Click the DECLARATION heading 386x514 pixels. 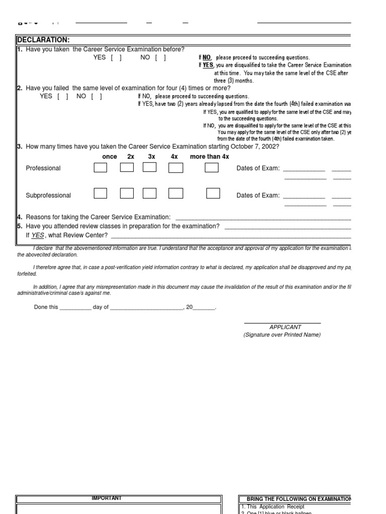43,40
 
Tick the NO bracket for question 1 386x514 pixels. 160,58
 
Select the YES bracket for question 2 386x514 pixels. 63,96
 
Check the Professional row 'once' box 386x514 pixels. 100,168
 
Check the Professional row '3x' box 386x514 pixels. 149,168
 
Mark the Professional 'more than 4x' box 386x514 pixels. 212,168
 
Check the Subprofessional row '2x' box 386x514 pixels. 127,193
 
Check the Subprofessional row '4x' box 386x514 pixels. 175,193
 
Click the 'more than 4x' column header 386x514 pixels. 209,157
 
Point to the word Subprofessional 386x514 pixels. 48,196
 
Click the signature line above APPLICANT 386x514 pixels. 282,323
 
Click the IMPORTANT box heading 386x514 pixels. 106,498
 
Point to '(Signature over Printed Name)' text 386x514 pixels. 282,335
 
